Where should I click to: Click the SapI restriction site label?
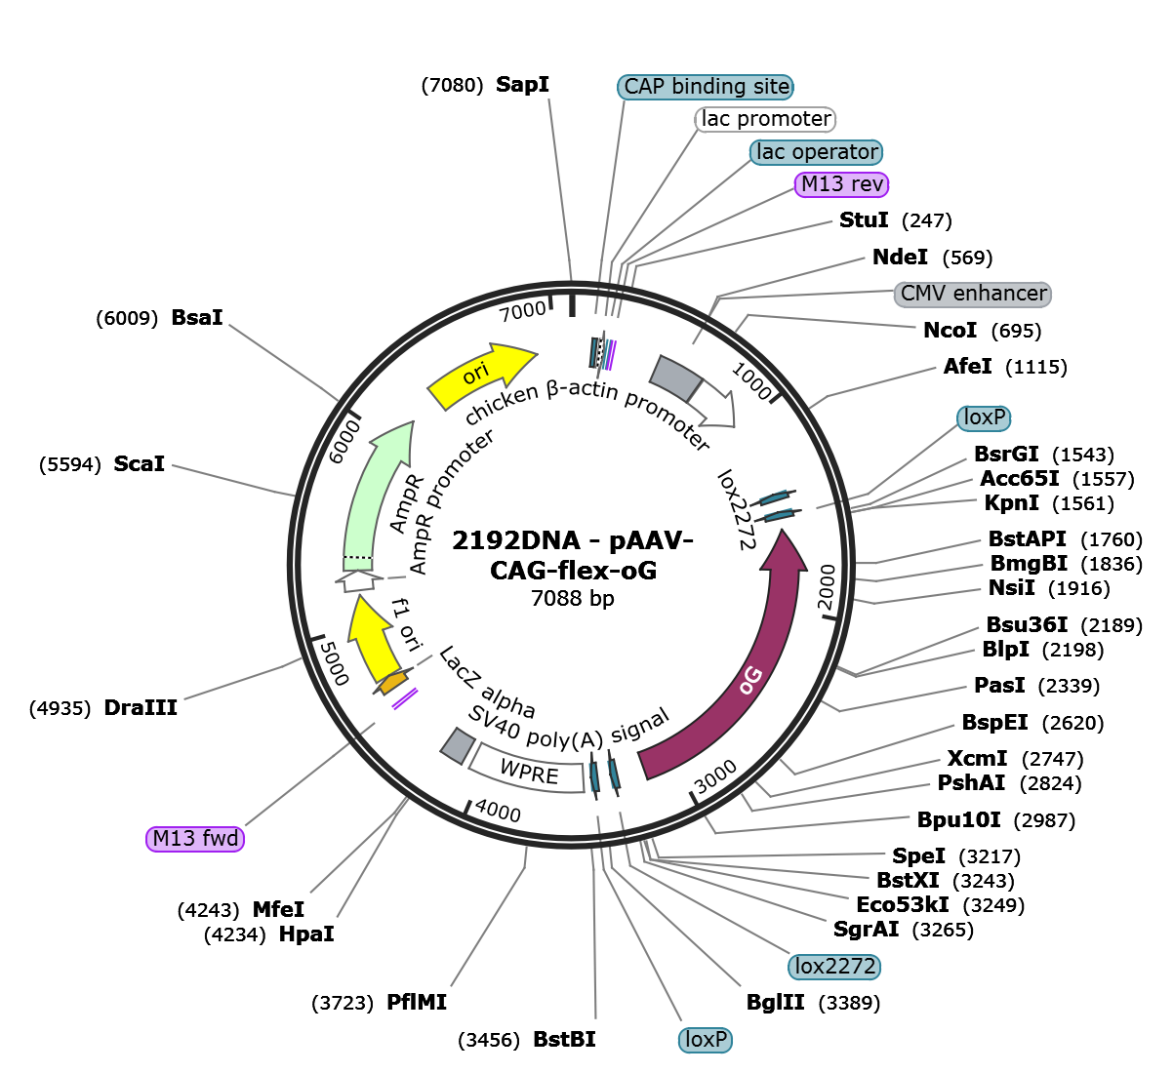(522, 85)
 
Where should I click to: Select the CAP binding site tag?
(706, 87)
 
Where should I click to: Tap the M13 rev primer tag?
(841, 184)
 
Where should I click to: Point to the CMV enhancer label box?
(973, 294)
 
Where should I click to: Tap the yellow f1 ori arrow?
(373, 640)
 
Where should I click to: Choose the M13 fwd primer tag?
(195, 839)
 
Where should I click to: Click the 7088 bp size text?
(573, 598)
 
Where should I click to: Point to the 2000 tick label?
(827, 587)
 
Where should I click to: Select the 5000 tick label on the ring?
(334, 663)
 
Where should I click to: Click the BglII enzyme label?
(776, 1002)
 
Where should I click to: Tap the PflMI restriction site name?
(417, 1002)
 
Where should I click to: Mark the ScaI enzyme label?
(140, 463)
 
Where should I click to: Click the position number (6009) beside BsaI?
(127, 318)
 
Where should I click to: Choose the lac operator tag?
(816, 152)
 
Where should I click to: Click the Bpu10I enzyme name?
(958, 819)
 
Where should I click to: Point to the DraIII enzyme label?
(141, 707)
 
